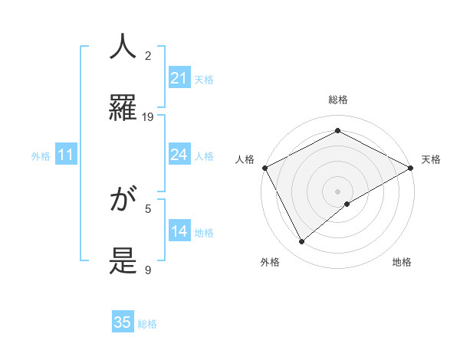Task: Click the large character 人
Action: click(123, 47)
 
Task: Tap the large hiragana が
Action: click(123, 201)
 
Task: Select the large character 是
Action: click(123, 261)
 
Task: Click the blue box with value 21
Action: click(179, 78)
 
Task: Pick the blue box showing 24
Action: click(179, 155)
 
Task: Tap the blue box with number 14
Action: click(179, 231)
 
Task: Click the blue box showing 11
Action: click(66, 155)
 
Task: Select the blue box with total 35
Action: click(123, 322)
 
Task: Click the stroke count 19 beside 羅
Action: click(148, 117)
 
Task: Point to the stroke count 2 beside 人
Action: click(148, 55)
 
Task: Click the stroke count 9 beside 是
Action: click(148, 270)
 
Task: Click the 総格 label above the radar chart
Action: click(338, 100)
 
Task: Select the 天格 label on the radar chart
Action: click(431, 159)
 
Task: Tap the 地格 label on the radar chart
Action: click(402, 263)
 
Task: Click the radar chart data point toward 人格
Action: click(264, 168)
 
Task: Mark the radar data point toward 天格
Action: click(411, 168)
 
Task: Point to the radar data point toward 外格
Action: click(302, 242)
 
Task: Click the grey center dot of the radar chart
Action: click(338, 191)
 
